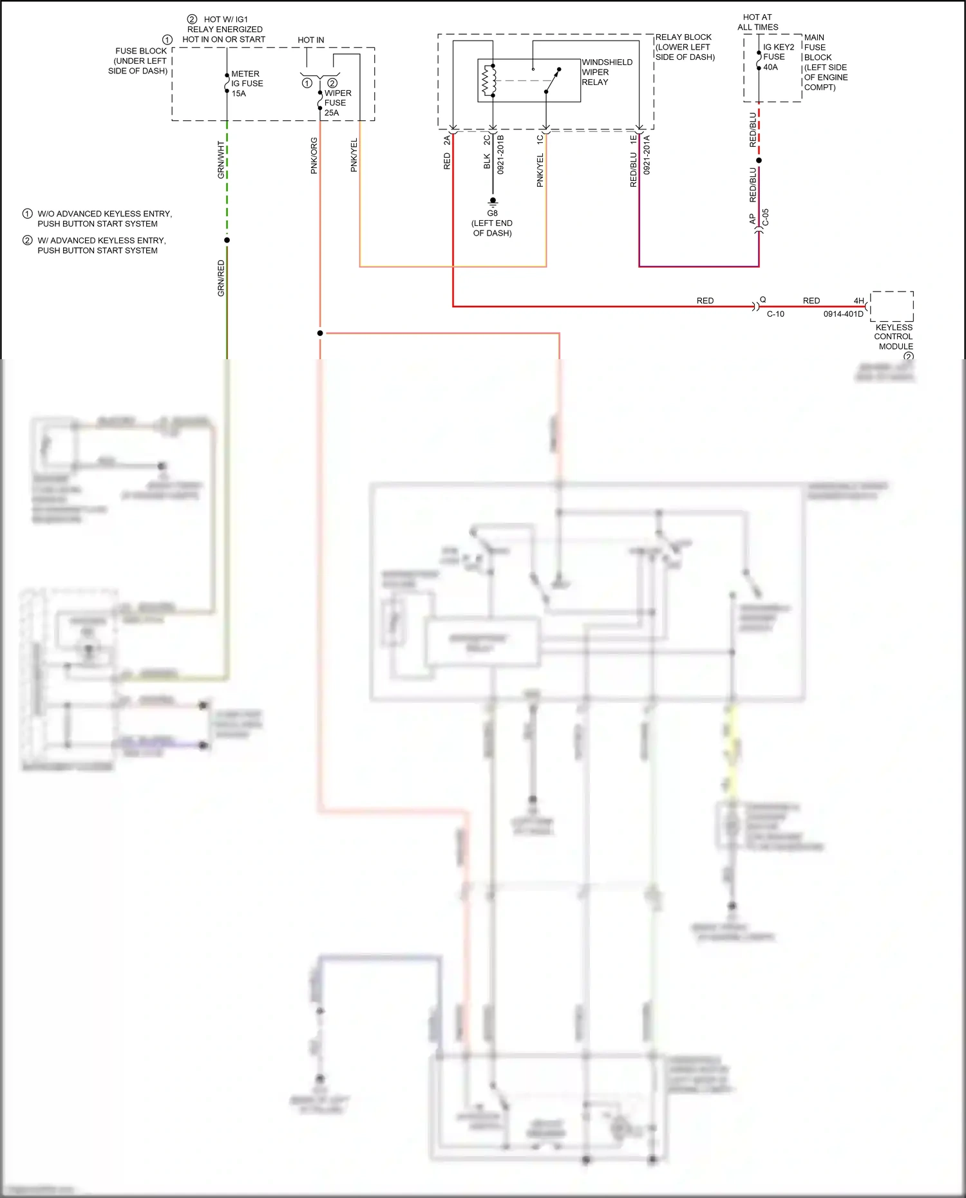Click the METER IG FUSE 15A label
tap(247, 84)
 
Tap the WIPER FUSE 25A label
tap(337, 103)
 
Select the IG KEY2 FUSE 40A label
tap(778, 57)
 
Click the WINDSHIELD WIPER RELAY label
tap(606, 72)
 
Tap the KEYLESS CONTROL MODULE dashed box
tap(891, 306)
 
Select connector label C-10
tap(775, 314)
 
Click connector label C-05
tap(766, 218)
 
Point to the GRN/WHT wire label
tap(221, 160)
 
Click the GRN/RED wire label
tap(221, 278)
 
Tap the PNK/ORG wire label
tap(314, 156)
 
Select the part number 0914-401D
tap(843, 314)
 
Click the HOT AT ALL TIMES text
tap(757, 23)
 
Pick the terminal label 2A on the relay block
tap(447, 140)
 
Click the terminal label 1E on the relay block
tap(633, 138)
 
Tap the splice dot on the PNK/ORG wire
tap(320, 333)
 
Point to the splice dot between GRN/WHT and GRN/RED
tap(227, 240)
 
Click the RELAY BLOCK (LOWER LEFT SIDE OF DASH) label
tap(685, 47)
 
